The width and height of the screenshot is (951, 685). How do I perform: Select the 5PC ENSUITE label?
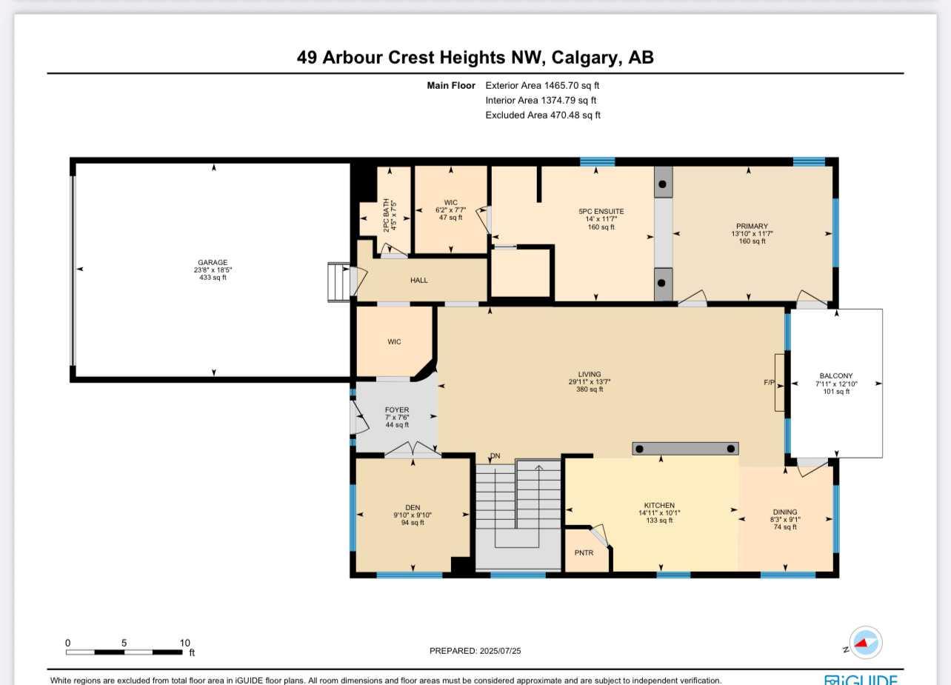click(601, 211)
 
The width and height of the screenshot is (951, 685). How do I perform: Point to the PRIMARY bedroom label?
click(752, 226)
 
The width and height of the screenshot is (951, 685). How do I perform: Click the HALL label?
click(418, 280)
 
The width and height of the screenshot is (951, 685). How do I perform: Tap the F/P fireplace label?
click(770, 383)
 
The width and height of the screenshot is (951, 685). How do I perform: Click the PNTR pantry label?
click(584, 552)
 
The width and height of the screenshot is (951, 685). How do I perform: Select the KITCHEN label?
click(658, 505)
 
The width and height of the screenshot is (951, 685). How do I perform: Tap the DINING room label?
click(784, 512)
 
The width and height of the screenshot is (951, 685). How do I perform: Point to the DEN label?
click(412, 507)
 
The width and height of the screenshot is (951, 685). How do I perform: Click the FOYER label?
click(396, 410)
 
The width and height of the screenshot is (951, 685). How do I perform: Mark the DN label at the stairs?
click(495, 455)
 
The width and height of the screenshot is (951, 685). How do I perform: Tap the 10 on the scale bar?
click(184, 643)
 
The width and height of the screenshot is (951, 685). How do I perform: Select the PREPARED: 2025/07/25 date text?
click(480, 651)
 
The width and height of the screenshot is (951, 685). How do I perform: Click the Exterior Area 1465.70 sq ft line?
click(542, 86)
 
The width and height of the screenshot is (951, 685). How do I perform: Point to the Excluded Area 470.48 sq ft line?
click(542, 116)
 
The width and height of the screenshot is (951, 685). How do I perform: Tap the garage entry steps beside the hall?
click(339, 282)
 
